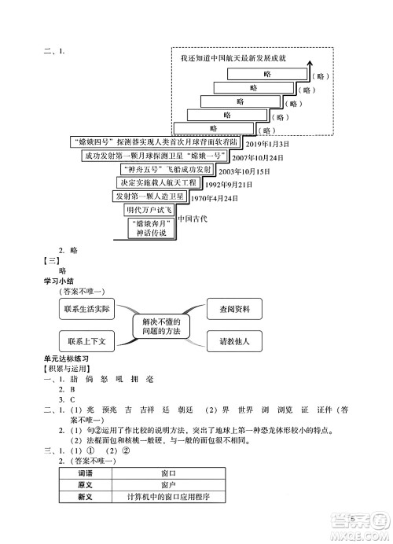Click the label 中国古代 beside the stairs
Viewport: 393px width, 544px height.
click(x=192, y=219)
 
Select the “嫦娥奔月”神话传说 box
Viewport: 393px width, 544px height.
click(x=149, y=229)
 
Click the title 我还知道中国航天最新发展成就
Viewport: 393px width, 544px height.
click(x=233, y=58)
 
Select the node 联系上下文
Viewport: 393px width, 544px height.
click(x=91, y=341)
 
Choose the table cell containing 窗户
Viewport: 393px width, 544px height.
click(x=167, y=485)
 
